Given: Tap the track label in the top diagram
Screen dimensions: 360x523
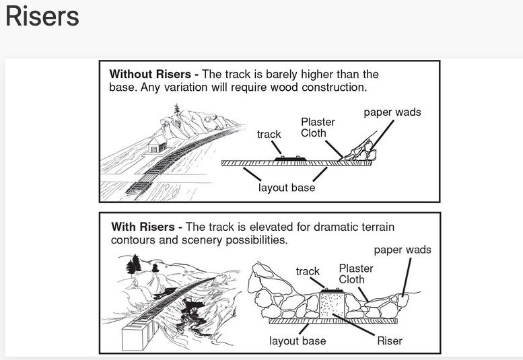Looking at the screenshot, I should (269, 135).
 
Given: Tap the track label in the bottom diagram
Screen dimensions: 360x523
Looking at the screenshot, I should (308, 271).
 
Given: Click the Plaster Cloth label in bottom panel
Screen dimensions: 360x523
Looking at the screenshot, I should (356, 274).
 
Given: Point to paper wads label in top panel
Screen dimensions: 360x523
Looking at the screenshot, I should (392, 112).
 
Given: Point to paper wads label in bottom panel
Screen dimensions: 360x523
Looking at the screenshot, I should (403, 250).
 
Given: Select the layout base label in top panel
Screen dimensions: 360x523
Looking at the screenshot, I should (287, 188).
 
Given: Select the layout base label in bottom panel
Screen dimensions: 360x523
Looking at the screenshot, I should (298, 341).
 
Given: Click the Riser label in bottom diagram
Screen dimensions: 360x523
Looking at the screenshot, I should (390, 340).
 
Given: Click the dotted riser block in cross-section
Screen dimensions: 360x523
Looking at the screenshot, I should (331, 304).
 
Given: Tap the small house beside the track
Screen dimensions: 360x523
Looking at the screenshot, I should (157, 144).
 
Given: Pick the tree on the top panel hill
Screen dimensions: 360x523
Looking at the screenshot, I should (177, 110).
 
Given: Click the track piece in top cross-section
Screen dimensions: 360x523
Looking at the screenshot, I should (290, 159).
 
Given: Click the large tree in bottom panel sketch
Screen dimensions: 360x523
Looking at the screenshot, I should (135, 264).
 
